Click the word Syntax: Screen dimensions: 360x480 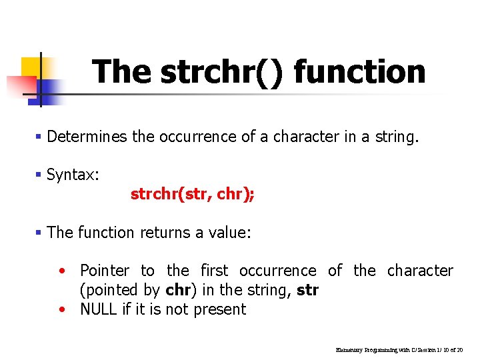coord(73,175)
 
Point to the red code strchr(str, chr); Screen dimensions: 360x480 coord(193,194)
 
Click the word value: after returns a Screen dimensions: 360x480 coord(229,233)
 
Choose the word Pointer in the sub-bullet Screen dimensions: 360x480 coord(105,271)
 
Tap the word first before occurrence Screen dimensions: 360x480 coord(214,271)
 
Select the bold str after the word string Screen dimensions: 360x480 coord(307,290)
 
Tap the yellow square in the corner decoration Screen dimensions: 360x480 coord(31,67)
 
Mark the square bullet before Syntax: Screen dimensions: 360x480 coord(39,175)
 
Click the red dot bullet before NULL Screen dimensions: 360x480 coord(62,310)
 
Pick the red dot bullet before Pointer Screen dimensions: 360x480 coord(62,271)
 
